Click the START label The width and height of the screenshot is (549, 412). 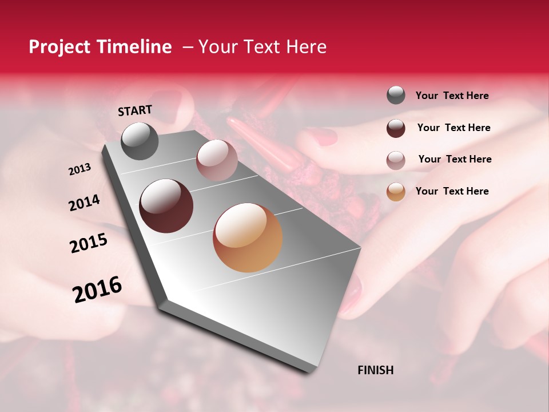click(135, 110)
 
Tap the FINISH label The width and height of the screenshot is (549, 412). click(375, 370)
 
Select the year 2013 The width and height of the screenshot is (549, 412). click(79, 169)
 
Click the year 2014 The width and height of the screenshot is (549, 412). click(84, 203)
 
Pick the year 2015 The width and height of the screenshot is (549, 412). click(89, 243)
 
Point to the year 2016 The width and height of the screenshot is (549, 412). click(97, 290)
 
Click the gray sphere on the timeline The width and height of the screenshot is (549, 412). click(140, 141)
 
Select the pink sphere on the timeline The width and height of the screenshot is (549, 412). click(216, 160)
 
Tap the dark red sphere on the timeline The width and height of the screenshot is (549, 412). click(166, 206)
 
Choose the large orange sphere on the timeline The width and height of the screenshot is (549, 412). click(248, 237)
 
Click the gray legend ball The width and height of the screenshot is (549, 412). click(396, 95)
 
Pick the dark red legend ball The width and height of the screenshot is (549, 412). click(396, 128)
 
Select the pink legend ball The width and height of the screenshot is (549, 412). click(396, 160)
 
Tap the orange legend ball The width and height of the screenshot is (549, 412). click(396, 192)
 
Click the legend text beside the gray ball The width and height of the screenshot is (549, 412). click(452, 96)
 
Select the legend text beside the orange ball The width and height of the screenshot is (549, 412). click(452, 191)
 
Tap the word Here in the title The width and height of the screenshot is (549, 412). click(305, 47)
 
